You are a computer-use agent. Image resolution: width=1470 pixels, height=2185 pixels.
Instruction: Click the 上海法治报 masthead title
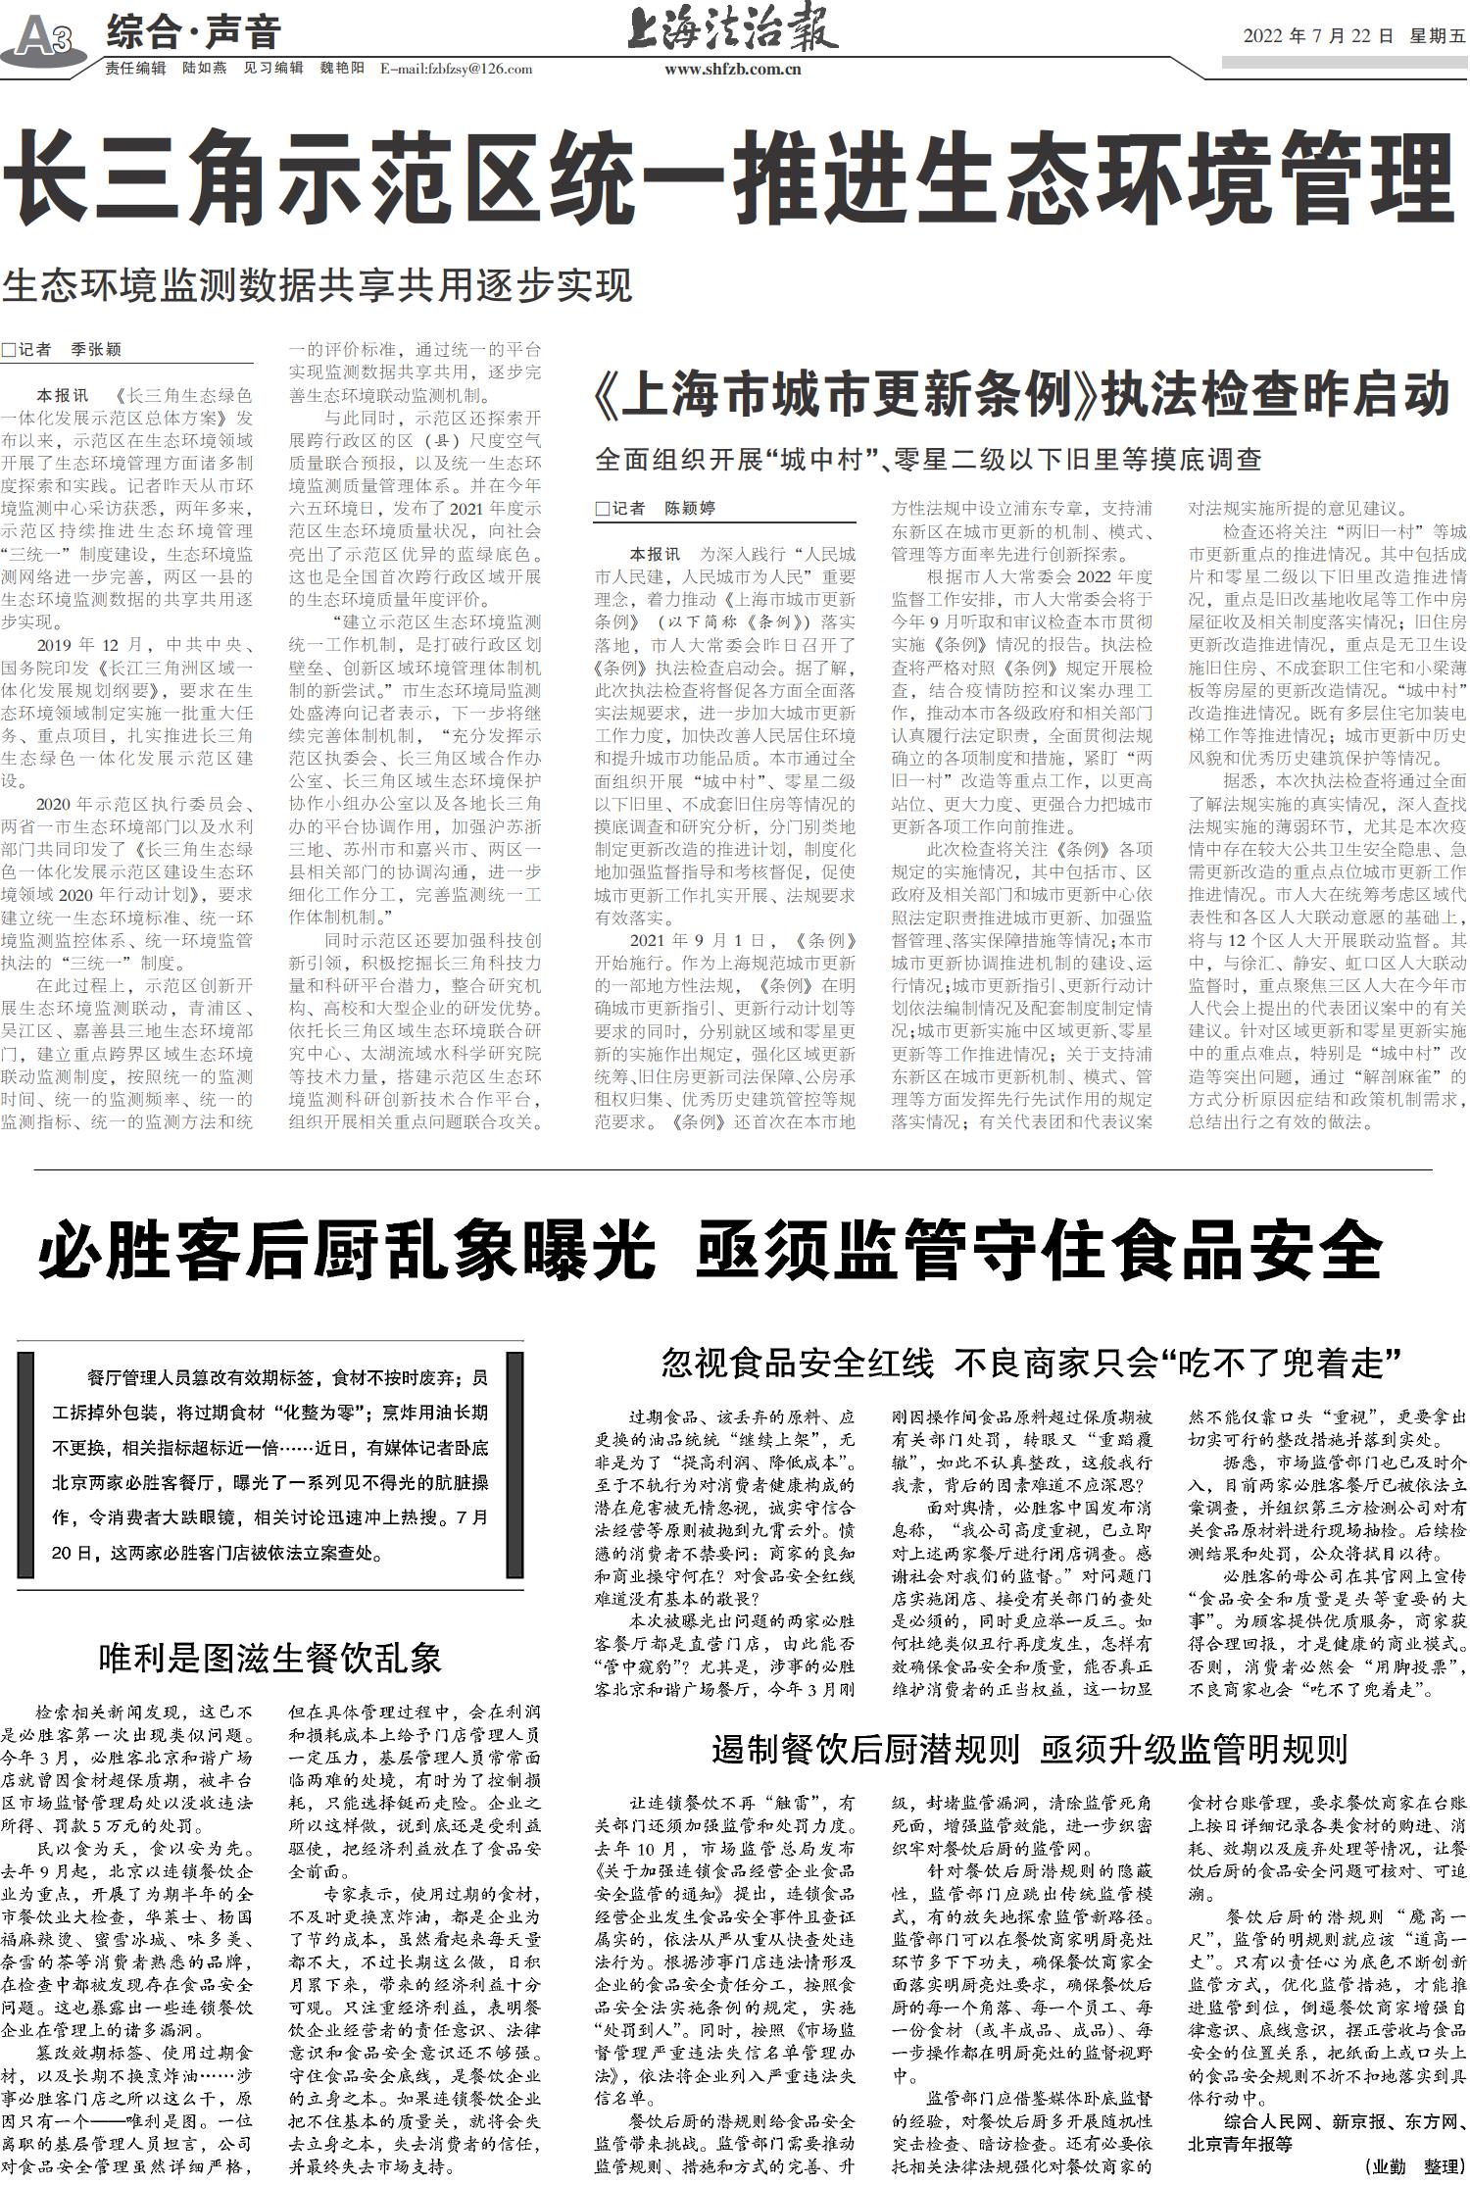(732, 30)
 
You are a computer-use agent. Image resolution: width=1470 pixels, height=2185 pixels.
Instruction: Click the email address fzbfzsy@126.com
(456, 69)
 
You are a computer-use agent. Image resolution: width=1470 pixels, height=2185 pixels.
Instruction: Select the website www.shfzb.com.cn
(733, 69)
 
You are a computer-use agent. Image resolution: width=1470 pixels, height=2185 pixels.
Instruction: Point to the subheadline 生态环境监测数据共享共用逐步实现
(318, 285)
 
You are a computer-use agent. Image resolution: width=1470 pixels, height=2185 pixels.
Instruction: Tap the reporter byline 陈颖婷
(690, 508)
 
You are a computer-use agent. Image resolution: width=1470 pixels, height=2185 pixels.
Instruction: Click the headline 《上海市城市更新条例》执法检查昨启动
(1021, 396)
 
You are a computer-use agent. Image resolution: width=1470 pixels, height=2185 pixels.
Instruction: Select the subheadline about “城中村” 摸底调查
(928, 459)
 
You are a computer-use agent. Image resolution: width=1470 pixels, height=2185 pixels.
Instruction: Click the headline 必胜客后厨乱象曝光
(345, 1249)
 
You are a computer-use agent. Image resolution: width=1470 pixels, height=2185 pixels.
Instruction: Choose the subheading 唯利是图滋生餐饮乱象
(270, 1658)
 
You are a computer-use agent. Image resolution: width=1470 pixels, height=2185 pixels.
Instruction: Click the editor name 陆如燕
(205, 69)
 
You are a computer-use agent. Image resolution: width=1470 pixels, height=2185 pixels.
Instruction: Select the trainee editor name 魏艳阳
(342, 69)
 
